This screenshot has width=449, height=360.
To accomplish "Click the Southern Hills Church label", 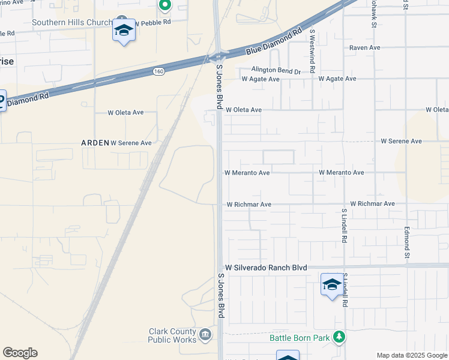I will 72,23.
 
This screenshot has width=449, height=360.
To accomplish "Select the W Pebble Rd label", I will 152,22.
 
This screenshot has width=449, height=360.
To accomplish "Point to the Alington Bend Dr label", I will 276,71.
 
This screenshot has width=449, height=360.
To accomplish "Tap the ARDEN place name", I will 95,143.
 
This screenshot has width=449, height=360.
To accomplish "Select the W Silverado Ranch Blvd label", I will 266,268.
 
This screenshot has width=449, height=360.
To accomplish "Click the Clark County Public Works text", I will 173,335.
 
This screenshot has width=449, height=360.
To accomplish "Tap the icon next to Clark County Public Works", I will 205,334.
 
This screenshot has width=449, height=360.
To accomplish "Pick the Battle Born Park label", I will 300,338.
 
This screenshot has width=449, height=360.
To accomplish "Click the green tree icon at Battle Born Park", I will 339,337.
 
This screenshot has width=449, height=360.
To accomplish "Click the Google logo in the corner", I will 20,353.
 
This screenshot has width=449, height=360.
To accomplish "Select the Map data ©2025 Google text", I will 412,355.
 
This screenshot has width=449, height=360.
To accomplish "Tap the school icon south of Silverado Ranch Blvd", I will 332,284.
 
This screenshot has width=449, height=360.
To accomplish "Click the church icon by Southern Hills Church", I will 122,22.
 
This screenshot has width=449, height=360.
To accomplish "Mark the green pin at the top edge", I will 164,5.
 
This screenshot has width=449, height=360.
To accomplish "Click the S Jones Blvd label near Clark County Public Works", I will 221,295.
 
